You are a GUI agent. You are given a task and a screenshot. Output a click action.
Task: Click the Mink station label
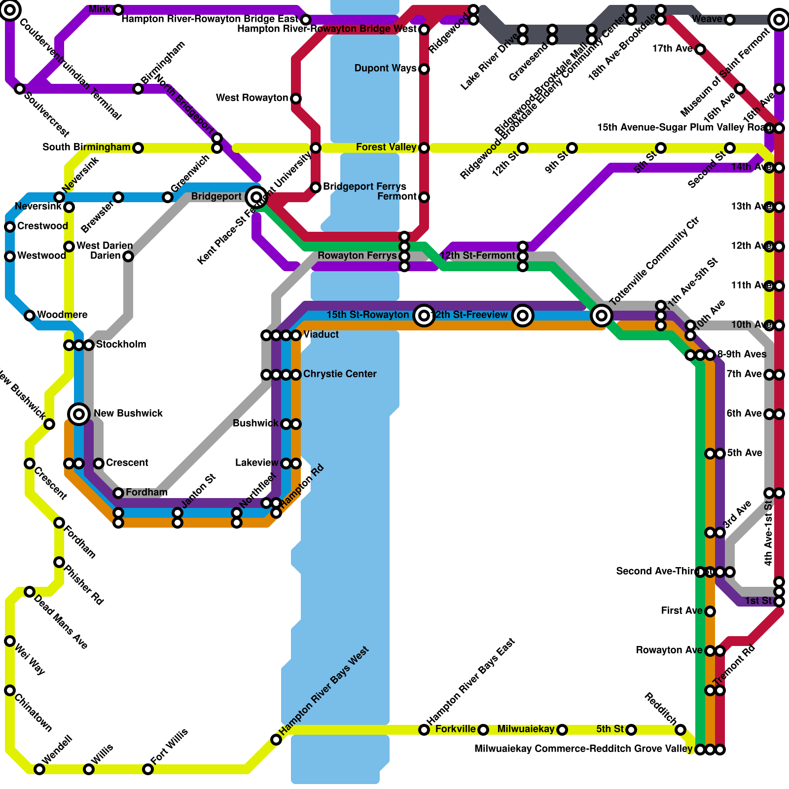(100, 9)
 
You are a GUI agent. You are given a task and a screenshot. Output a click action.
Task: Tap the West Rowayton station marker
(296, 99)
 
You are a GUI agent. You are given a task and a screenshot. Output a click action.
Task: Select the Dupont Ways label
(385, 69)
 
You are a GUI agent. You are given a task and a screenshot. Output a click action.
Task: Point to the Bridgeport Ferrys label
(364, 187)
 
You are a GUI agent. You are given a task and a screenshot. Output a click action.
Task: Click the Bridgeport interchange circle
(256, 197)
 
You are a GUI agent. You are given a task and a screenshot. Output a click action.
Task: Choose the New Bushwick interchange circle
(79, 414)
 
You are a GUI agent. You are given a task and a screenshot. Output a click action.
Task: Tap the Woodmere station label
(62, 315)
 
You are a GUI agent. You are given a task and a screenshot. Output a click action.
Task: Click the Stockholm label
(121, 345)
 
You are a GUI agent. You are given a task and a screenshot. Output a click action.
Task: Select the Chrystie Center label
(340, 374)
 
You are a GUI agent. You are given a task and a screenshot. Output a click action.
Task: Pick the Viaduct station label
(321, 335)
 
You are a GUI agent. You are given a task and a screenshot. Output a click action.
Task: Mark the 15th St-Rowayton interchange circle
(424, 315)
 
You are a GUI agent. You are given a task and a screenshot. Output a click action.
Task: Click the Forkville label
(456, 729)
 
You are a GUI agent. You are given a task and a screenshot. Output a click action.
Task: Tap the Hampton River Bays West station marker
(276, 740)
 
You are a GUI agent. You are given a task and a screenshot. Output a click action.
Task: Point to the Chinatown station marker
(10, 690)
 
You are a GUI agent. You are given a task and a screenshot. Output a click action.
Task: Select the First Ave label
(681, 611)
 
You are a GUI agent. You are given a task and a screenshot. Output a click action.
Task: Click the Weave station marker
(730, 20)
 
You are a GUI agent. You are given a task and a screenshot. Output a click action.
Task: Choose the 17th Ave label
(673, 49)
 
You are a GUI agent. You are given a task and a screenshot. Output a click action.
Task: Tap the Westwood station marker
(10, 256)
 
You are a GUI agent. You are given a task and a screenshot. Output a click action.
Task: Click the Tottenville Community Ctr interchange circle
(602, 315)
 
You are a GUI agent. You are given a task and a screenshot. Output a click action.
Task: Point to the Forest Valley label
(386, 147)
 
